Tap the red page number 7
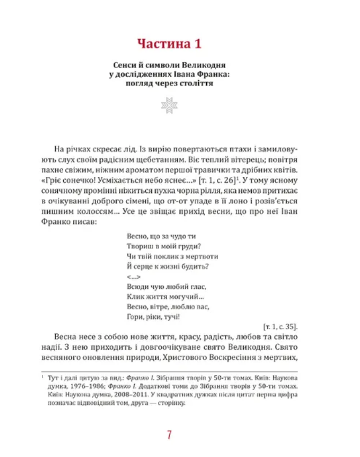tap(169, 434)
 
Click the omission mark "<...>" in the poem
tap(134, 277)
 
